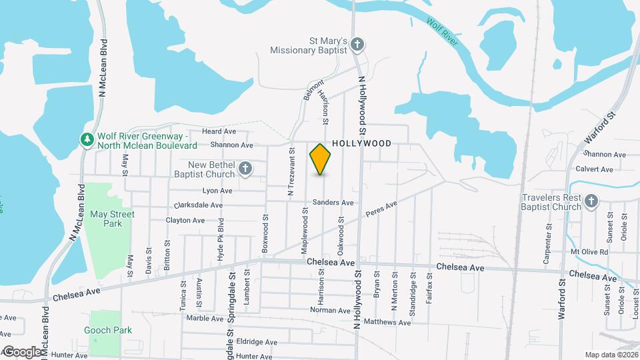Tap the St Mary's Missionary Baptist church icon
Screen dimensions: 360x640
pyautogui.click(x=357, y=45)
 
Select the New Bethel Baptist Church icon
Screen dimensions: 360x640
pyautogui.click(x=245, y=169)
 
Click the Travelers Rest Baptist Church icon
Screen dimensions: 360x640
pyautogui.click(x=591, y=201)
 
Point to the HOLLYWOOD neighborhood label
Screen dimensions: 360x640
pyautogui.click(x=361, y=143)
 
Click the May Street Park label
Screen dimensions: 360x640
pyautogui.click(x=113, y=219)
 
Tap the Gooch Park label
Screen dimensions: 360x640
pyautogui.click(x=108, y=330)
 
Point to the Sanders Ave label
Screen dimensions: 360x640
pyautogui.click(x=333, y=202)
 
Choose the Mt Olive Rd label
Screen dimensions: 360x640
pyautogui.click(x=590, y=252)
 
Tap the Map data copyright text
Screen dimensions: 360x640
pyautogui.click(x=611, y=354)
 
